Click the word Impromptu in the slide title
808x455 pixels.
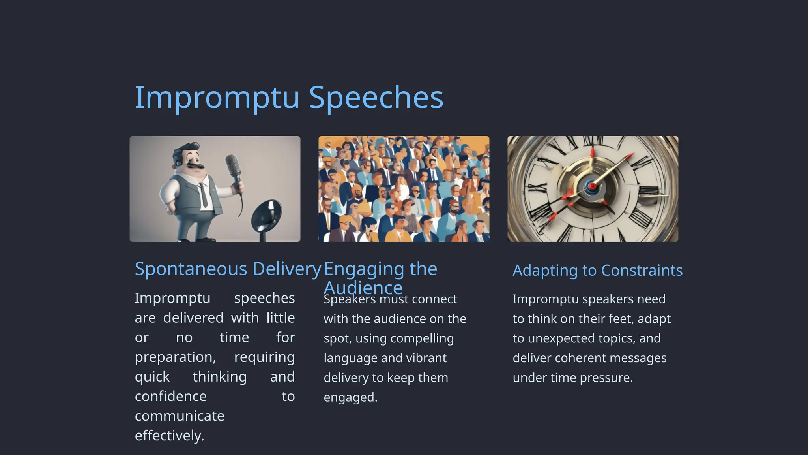(x=217, y=98)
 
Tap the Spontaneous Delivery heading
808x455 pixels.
(x=228, y=269)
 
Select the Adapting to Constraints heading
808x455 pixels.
(x=597, y=271)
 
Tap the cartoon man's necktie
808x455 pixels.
(x=204, y=195)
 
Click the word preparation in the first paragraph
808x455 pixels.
(x=175, y=357)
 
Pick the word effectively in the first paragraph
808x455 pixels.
(x=169, y=436)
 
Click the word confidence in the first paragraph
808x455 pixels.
(x=170, y=397)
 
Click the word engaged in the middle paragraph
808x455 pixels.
(x=350, y=398)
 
